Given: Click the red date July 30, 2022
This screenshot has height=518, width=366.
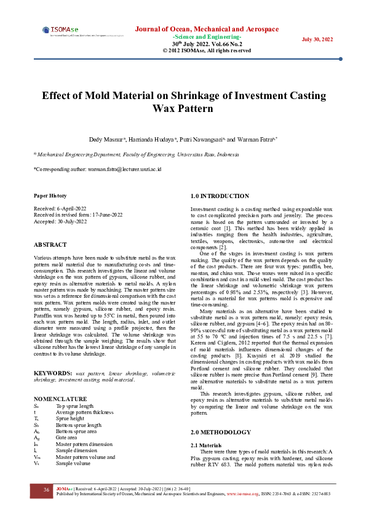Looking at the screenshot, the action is [x=317, y=39].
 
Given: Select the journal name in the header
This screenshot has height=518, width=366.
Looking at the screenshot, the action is [x=207, y=29].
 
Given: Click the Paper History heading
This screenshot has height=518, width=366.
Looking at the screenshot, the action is [x=50, y=196].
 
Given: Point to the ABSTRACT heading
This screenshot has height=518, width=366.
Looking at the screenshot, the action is [x=50, y=244].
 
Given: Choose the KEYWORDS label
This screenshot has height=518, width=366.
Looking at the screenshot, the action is [x=53, y=356].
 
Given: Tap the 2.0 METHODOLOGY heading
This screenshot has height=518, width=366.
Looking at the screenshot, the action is [x=221, y=432].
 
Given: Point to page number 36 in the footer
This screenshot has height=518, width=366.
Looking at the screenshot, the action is [x=46, y=490].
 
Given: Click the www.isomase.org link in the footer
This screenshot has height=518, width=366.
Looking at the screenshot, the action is [x=242, y=494].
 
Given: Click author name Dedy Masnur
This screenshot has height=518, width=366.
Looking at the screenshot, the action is [x=108, y=140].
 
